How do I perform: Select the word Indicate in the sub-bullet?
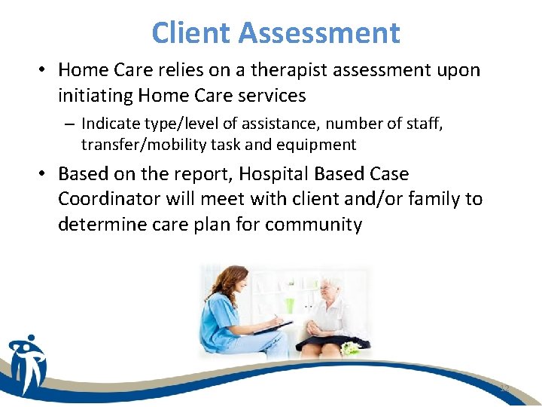point(108,124)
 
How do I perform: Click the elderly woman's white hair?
point(330,286)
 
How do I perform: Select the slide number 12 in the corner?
point(505,388)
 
